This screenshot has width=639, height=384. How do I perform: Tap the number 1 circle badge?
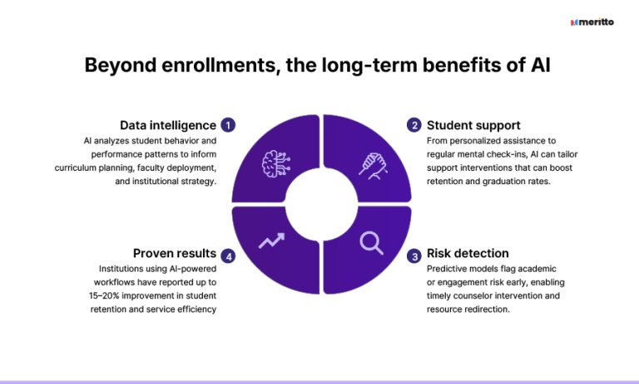click(x=229, y=125)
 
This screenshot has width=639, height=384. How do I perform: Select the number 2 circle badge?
click(x=414, y=125)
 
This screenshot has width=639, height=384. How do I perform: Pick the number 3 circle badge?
click(x=414, y=255)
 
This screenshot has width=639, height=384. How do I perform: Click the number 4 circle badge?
click(x=229, y=255)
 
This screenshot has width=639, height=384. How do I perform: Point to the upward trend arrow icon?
click(x=272, y=242)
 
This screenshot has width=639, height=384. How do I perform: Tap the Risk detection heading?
click(x=468, y=253)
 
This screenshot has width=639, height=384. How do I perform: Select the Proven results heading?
click(x=175, y=253)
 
